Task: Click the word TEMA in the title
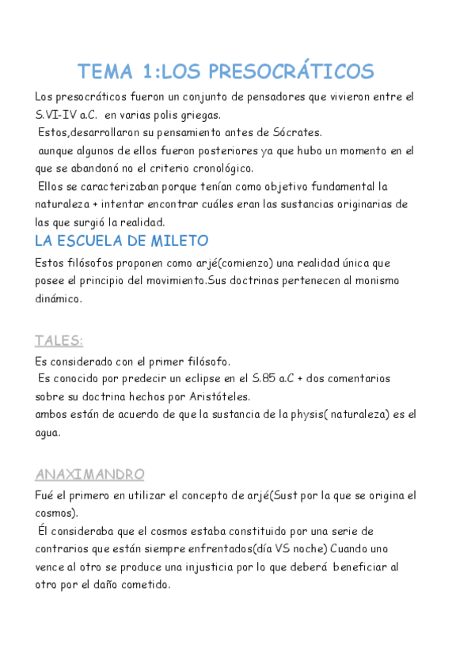click(107, 71)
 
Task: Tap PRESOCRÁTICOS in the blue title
click(291, 71)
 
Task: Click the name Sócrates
click(295, 132)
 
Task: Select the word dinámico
click(58, 298)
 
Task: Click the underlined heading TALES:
click(59, 341)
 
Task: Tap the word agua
click(48, 433)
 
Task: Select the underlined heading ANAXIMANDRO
click(89, 475)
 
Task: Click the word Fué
click(46, 495)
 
